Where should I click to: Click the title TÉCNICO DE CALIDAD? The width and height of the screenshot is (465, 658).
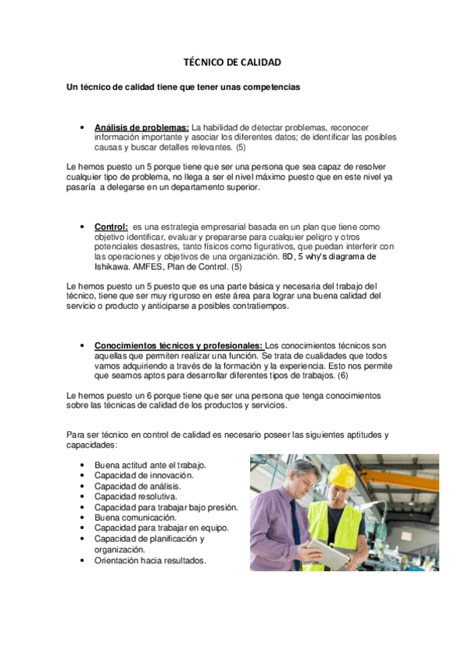click(231, 61)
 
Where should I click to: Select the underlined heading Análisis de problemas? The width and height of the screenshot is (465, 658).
click(141, 127)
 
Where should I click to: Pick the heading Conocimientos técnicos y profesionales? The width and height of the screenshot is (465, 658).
click(179, 345)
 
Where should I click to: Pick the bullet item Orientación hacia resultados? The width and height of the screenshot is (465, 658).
click(150, 559)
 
